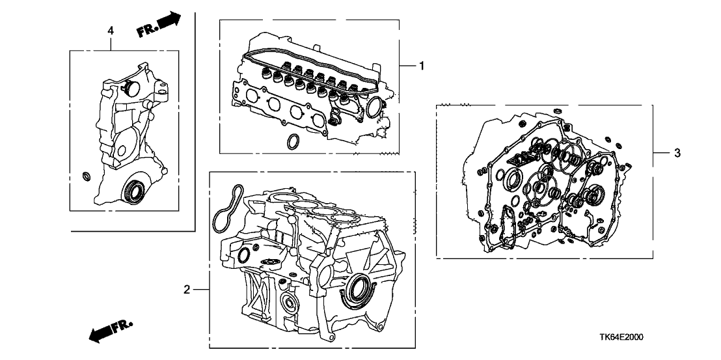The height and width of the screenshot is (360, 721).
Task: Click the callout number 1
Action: tap(421, 65)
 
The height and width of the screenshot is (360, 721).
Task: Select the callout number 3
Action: tap(677, 153)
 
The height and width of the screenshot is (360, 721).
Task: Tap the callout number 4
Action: tap(111, 31)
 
